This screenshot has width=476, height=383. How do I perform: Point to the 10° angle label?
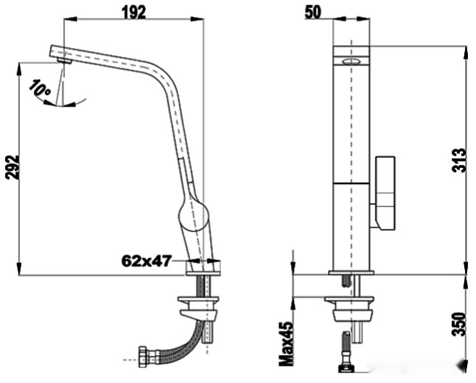39,89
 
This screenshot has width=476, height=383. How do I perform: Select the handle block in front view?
385,191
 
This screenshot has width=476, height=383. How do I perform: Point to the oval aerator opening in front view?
351,62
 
